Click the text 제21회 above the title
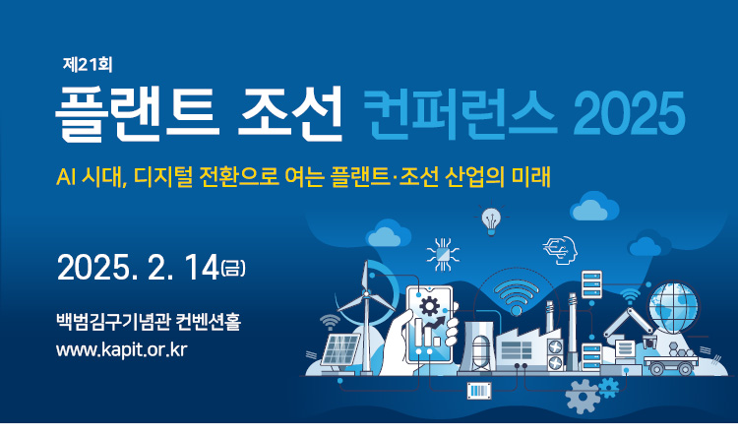click(88, 65)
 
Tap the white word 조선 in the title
click(289, 113)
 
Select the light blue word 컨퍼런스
click(460, 114)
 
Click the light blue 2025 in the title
click(629, 114)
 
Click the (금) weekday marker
click(233, 269)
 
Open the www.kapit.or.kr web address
click(122, 350)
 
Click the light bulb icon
click(491, 219)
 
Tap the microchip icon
click(443, 255)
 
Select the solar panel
click(339, 349)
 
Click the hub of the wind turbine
click(366, 295)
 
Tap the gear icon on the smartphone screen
click(429, 306)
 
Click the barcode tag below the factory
click(479, 391)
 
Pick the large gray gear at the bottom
click(583, 397)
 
